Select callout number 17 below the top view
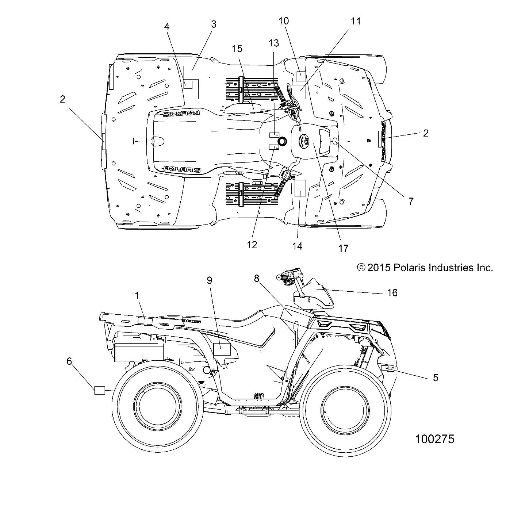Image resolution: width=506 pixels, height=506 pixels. [x=343, y=248]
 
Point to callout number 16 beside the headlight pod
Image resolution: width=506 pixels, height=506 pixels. [x=392, y=292]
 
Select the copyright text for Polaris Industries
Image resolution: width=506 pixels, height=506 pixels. [x=425, y=268]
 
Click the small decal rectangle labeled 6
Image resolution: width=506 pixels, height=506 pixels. [x=100, y=390]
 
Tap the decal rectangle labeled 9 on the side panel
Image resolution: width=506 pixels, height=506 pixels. [x=222, y=349]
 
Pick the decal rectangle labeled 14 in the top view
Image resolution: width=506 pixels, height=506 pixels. [x=300, y=188]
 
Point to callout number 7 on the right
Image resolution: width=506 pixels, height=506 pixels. [x=411, y=201]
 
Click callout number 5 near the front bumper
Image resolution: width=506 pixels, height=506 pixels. [x=435, y=377]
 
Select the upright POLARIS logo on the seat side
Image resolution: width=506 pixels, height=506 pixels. [x=181, y=169]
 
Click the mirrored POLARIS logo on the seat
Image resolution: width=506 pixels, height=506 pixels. [x=181, y=114]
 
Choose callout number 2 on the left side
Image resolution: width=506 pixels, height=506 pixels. [x=62, y=99]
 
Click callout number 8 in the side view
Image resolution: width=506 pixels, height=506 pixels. [x=267, y=279]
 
